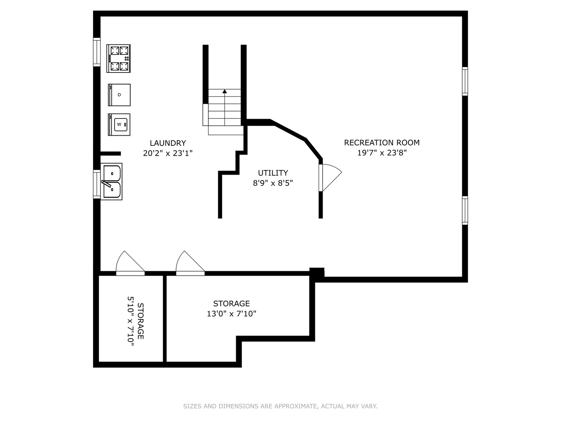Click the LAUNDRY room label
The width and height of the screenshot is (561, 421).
[x=168, y=143]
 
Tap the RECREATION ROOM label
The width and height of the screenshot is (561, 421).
[x=381, y=143]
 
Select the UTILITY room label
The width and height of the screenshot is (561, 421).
[x=273, y=173]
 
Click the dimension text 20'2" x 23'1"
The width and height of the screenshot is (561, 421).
[x=168, y=153]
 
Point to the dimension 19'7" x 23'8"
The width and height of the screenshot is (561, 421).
[x=381, y=153]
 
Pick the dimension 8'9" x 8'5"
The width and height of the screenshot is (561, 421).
[x=273, y=183]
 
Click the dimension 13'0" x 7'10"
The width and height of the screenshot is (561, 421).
[x=231, y=313]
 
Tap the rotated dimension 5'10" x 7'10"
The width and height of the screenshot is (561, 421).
[x=131, y=321]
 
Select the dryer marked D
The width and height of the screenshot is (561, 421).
[x=119, y=95]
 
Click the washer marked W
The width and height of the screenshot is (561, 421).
[x=119, y=124]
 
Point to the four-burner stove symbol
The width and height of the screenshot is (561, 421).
[x=119, y=58]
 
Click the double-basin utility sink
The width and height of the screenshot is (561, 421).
[x=111, y=182]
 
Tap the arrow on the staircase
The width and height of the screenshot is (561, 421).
[x=224, y=91]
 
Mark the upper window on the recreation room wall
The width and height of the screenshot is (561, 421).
[x=465, y=81]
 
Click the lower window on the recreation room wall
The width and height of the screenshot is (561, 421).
[x=465, y=210]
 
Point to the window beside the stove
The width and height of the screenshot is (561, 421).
[x=97, y=52]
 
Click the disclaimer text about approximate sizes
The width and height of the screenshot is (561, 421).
[x=280, y=406]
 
